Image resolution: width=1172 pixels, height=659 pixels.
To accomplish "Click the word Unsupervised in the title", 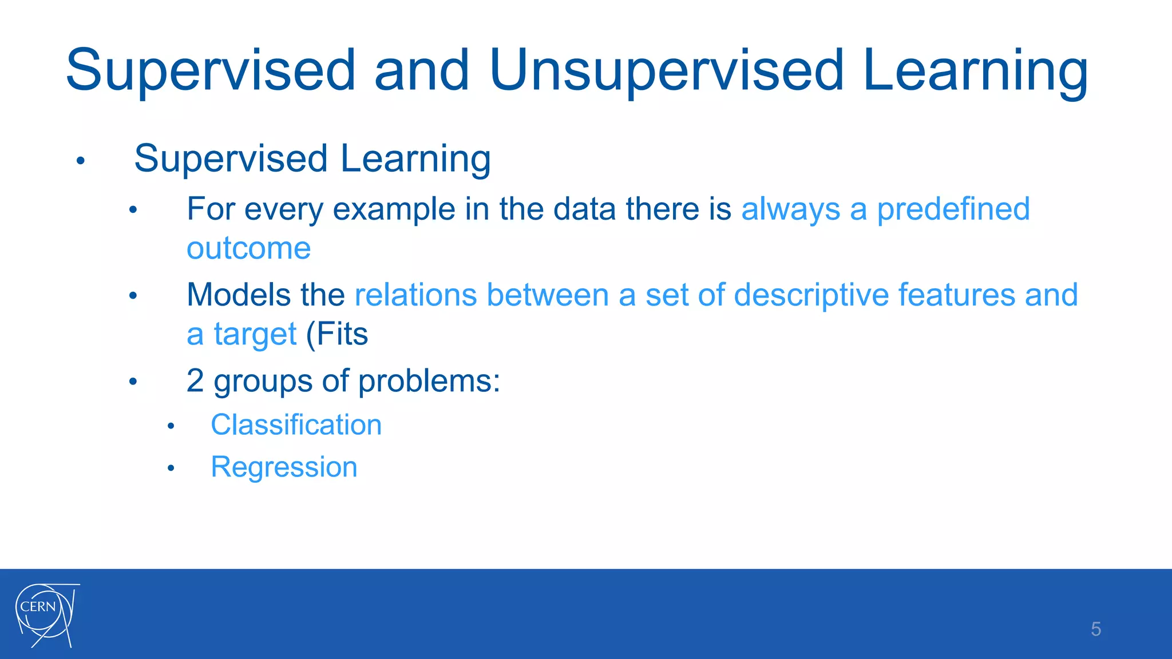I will [x=667, y=71].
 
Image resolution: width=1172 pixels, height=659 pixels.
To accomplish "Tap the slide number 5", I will [x=1095, y=629].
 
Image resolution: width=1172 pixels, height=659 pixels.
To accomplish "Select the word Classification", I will [x=296, y=425].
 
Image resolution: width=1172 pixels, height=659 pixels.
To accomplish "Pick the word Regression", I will [x=284, y=467].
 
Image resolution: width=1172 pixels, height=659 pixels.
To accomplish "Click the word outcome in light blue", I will [x=248, y=248].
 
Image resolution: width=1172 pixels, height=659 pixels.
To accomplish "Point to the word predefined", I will [x=953, y=209].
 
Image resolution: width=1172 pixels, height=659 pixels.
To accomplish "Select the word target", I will [x=255, y=335].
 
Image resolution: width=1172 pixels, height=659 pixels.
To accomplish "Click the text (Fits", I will [x=337, y=334].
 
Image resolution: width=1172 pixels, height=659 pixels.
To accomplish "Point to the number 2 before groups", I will [x=195, y=380].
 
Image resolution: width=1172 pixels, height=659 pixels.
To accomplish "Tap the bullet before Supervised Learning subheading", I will [x=81, y=161].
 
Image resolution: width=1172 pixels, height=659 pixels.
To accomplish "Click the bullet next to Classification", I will [x=171, y=426].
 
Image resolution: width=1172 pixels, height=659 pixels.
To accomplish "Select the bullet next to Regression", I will [x=171, y=469].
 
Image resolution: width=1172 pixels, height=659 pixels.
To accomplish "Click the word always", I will [x=790, y=210].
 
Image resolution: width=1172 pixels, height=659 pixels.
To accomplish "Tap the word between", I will [x=547, y=295].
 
